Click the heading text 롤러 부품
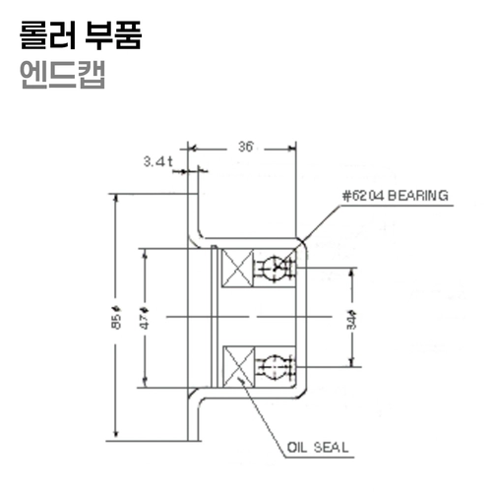(81, 36)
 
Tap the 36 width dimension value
(246, 148)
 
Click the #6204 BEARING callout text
(395, 196)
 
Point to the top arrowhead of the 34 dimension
(351, 272)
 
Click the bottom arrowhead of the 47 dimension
(145, 385)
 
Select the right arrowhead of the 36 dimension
(292, 149)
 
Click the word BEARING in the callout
(417, 196)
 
